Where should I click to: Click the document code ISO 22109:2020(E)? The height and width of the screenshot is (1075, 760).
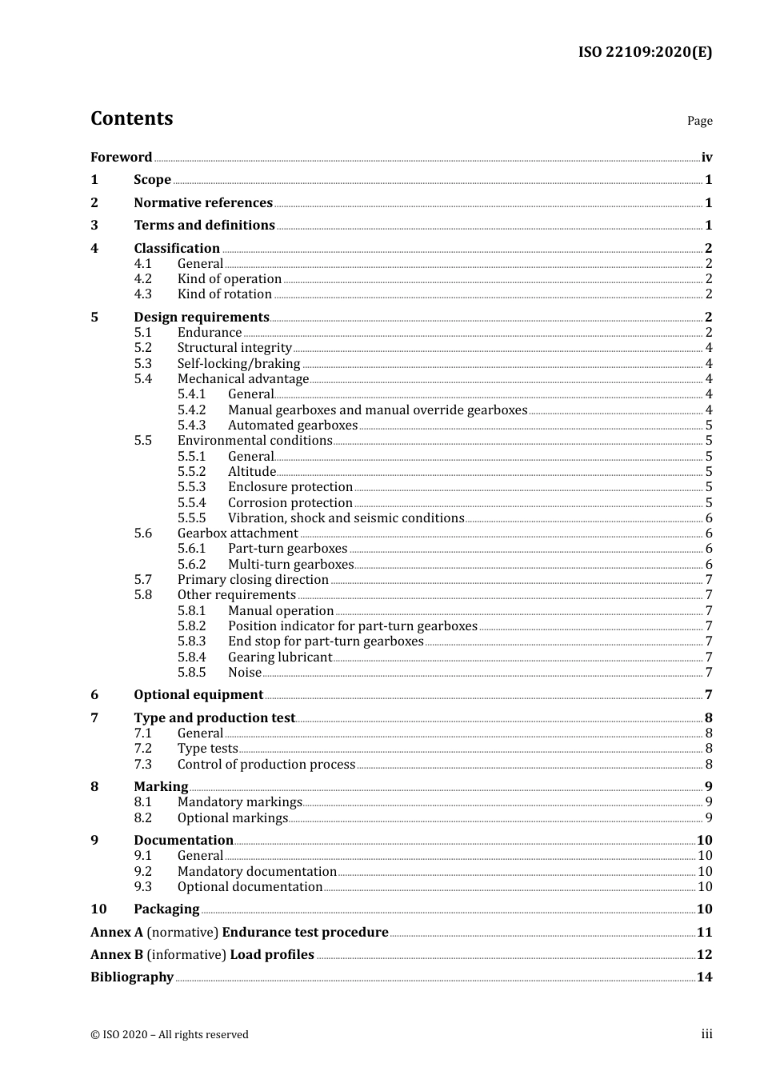pos(645,52)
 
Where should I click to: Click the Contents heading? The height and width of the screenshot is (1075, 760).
pos(131,118)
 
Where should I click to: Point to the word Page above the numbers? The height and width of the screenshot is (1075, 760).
pos(699,121)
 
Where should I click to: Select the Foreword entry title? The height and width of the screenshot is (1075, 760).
pos(121,157)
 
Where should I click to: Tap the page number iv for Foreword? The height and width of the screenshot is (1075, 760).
pos(706,158)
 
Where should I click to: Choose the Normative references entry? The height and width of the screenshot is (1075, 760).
pos(203,203)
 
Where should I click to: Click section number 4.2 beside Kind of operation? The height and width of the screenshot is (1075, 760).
pos(142,279)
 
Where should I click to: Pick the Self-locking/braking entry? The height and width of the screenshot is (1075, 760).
pos(238,364)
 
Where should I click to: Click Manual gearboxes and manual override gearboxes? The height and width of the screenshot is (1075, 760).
pos(377,410)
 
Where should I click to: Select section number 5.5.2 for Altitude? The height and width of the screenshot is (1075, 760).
pos(191,472)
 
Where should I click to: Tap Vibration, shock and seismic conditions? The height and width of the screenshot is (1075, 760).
pos(346,518)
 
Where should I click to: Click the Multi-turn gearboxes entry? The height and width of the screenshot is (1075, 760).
pos(290,565)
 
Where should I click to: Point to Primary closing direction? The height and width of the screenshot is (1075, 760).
pos(253,580)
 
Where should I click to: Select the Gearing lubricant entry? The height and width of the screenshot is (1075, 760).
pos(279,657)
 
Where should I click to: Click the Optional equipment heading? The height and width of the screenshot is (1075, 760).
pos(198,695)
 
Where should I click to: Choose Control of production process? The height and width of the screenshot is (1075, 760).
pos(266,765)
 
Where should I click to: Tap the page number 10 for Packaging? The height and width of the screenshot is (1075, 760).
pos(704,909)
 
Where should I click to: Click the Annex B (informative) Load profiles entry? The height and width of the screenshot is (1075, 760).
pos(202,955)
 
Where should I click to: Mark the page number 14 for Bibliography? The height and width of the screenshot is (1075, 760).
pos(704,977)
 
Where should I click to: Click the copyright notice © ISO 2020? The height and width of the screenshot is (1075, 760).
pos(170,1035)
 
